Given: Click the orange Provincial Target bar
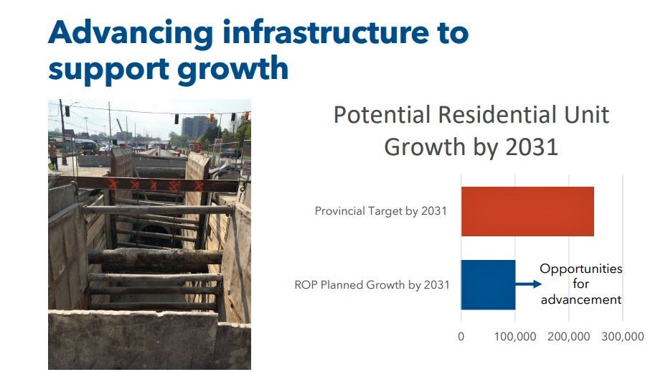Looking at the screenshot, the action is tap(527, 211).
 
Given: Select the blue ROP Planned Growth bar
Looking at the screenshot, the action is tap(488, 284).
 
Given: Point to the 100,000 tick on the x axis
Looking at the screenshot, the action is tap(515, 337).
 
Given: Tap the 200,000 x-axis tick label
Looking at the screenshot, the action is tap(569, 337).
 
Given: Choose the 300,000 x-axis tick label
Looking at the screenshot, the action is tap(622, 337).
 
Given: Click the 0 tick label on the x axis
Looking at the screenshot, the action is tap(461, 337).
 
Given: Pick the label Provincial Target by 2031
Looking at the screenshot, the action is tap(380, 211).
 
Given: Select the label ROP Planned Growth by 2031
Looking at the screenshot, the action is tap(372, 284).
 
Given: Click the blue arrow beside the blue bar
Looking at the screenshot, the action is tap(528, 284).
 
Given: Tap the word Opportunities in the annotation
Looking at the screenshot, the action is tap(580, 269).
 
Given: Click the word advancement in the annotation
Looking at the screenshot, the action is tap(581, 299).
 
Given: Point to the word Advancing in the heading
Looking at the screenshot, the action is tap(131, 33).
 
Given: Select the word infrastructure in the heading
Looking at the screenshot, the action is tap(326, 32).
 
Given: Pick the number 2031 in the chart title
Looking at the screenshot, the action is tap(532, 147).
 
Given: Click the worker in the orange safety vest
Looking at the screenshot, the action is tap(53, 155).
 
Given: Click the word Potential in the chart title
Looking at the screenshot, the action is tap(382, 115).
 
